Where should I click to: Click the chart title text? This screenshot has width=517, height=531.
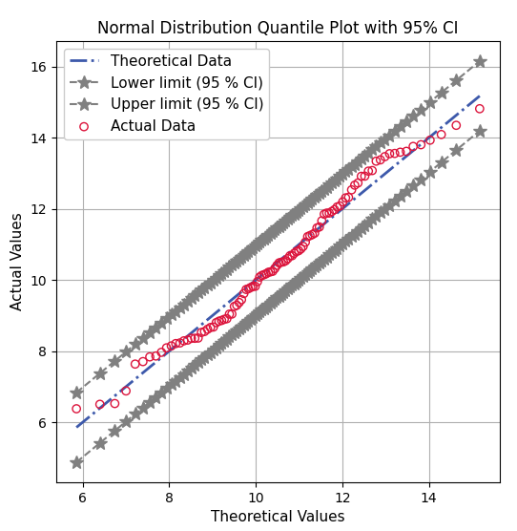click(x=277, y=28)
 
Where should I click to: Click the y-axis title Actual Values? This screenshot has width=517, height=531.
click(x=16, y=262)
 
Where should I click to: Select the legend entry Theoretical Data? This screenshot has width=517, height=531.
click(x=171, y=61)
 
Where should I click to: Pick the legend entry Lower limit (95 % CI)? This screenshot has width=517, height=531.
click(x=186, y=82)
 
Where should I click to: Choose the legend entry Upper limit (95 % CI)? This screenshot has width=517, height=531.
click(x=186, y=103)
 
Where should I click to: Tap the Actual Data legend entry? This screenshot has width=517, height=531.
click(x=153, y=125)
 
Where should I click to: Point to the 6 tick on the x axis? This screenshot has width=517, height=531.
click(x=82, y=498)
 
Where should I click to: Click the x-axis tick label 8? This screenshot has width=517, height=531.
click(x=169, y=498)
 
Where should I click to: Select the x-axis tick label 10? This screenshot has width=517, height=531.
click(x=256, y=498)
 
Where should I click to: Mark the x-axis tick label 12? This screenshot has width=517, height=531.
click(x=342, y=498)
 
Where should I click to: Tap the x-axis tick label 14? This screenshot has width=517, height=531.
click(x=429, y=498)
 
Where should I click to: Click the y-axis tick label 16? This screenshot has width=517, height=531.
click(x=38, y=67)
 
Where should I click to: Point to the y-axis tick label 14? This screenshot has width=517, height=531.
click(x=38, y=138)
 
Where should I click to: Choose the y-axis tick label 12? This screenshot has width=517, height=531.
click(x=38, y=209)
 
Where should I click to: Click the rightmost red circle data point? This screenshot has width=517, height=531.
click(x=480, y=109)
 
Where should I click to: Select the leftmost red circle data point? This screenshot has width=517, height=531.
click(x=76, y=409)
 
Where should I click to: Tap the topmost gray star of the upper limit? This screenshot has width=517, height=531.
click(x=480, y=61)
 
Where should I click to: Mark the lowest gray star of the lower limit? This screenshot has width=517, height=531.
click(x=76, y=462)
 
